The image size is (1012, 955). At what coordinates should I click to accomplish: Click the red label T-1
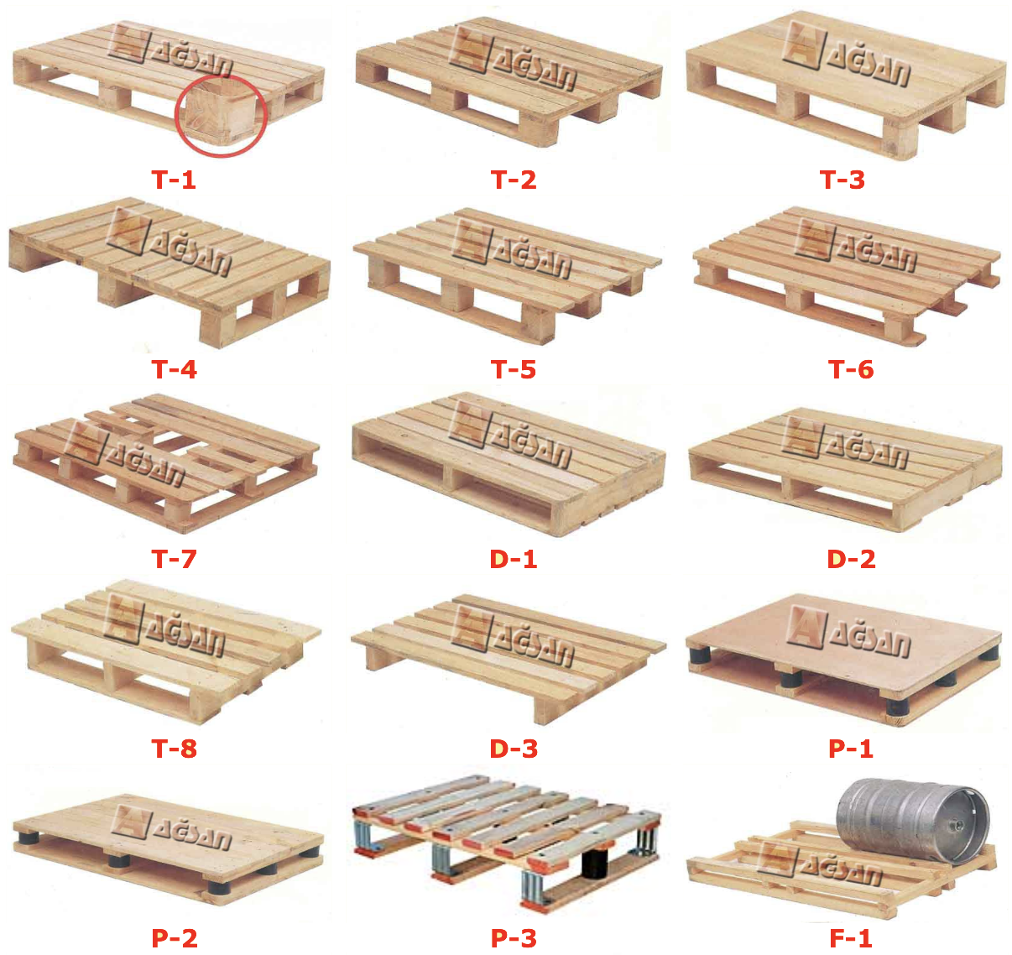(173, 180)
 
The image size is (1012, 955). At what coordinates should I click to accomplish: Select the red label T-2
(514, 180)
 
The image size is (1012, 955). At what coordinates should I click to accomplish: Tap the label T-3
(842, 180)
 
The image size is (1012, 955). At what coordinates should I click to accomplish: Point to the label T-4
(174, 370)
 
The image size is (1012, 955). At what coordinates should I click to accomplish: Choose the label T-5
(514, 370)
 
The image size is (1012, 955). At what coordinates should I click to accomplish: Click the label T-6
(851, 370)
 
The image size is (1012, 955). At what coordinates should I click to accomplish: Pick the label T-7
(174, 559)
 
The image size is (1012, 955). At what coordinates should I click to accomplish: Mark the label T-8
(174, 749)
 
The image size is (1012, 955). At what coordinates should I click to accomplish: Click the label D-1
(514, 559)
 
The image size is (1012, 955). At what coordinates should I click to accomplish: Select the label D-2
(851, 559)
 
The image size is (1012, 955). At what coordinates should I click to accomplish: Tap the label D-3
(514, 749)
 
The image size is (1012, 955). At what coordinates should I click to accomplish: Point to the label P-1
(851, 749)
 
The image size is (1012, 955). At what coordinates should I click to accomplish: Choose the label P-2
(175, 938)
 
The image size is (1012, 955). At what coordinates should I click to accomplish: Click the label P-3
(514, 938)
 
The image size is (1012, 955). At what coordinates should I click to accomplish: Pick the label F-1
(851, 938)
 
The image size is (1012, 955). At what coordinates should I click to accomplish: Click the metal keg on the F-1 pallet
(913, 821)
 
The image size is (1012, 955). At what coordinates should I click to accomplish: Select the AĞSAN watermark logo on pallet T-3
(845, 53)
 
